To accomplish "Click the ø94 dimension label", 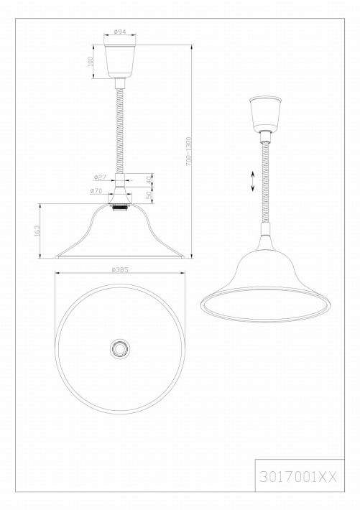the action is [120, 32].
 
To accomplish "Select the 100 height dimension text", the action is [91, 61].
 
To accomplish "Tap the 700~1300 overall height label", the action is [189, 152].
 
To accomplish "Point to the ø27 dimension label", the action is [100, 177].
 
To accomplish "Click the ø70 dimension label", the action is [96, 191].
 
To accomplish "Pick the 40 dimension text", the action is [149, 180].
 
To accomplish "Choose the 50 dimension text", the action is [149, 195].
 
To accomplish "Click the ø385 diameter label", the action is [120, 269].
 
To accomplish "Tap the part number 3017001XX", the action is [297, 477].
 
